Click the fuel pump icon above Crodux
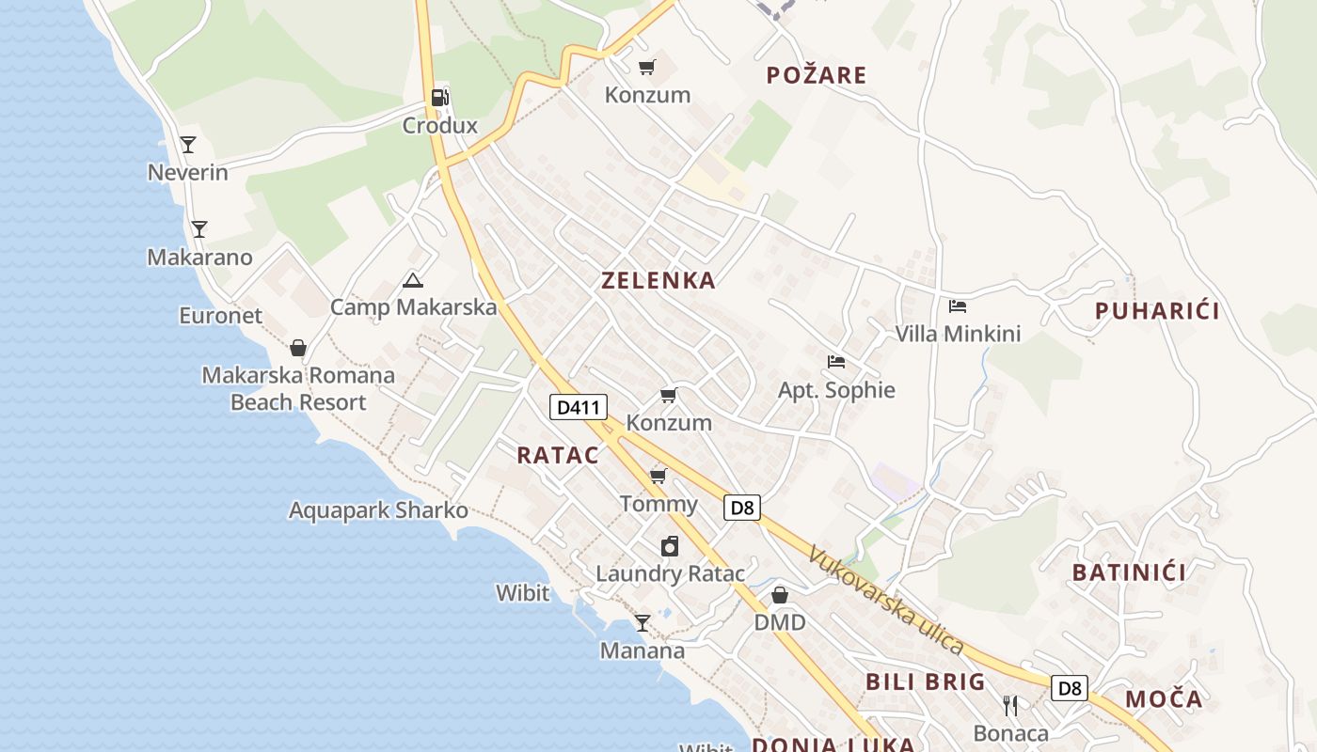click(439, 97)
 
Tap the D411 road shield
click(578, 407)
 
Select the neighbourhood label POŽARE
click(817, 75)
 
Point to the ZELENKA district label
click(658, 280)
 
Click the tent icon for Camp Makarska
click(412, 280)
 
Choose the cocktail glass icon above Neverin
click(188, 145)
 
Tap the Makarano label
click(199, 257)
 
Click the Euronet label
click(221, 316)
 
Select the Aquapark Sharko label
click(378, 510)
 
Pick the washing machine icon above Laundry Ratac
click(669, 546)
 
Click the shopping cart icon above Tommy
click(658, 476)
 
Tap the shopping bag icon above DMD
click(780, 595)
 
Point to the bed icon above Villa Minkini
click(958, 306)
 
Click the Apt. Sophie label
click(836, 390)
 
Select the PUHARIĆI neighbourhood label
click(1157, 311)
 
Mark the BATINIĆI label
click(1129, 572)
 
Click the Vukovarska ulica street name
click(885, 602)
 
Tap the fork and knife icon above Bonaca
click(1010, 705)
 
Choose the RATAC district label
click(558, 455)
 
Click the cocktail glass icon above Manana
click(643, 622)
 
